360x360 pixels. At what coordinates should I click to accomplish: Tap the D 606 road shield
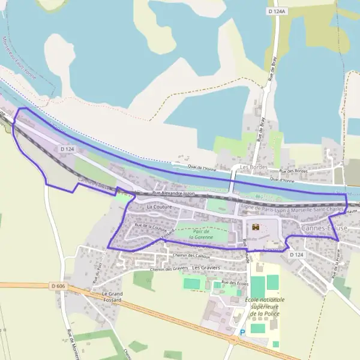(x=58, y=287)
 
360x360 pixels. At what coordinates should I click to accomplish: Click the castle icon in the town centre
(x=256, y=227)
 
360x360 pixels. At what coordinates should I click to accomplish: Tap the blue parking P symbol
(x=242, y=332)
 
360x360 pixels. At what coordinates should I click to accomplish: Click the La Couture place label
(x=158, y=206)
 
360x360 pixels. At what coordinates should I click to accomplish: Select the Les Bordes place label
(x=252, y=167)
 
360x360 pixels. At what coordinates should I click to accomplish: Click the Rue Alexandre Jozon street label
(x=175, y=193)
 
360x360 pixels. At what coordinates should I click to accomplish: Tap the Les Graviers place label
(x=207, y=267)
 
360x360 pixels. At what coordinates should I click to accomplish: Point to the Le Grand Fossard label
(x=108, y=296)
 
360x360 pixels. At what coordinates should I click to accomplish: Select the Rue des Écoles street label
(x=235, y=283)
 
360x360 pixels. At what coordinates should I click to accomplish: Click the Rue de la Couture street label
(x=151, y=227)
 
